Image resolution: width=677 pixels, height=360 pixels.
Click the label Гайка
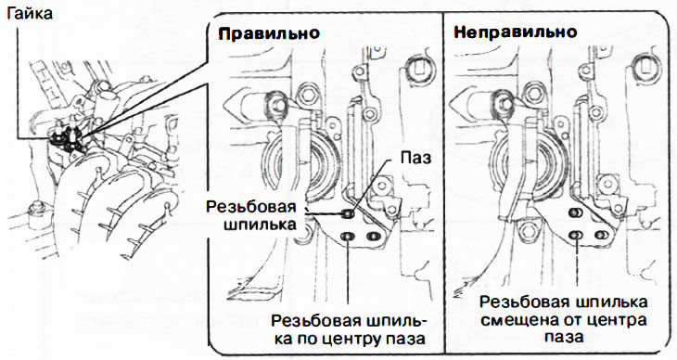click(30, 13)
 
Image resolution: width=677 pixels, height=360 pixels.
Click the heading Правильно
click(269, 33)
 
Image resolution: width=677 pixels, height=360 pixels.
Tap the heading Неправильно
click(515, 32)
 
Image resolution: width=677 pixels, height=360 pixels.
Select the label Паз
click(415, 158)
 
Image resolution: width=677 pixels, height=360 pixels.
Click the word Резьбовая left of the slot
click(251, 207)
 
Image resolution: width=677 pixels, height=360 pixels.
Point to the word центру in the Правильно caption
click(348, 339)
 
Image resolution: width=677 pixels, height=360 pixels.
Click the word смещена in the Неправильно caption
click(517, 320)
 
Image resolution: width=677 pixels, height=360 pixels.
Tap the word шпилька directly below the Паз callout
click(260, 225)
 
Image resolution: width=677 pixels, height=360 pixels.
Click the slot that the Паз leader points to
click(349, 213)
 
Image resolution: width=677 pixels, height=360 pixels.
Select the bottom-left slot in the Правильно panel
click(348, 237)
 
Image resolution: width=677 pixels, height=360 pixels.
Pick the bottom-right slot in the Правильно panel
click(373, 237)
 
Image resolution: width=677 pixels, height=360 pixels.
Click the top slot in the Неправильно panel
click(575, 212)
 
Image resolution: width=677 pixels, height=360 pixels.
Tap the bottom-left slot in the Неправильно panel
click(575, 235)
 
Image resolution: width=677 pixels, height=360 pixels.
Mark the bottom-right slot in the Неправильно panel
click(601, 235)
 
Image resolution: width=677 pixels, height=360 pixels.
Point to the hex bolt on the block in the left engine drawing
click(36, 214)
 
